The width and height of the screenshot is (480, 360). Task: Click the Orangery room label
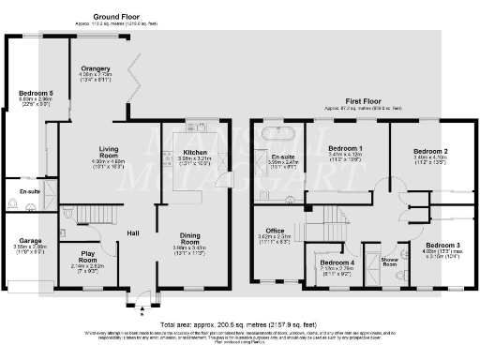[96, 68]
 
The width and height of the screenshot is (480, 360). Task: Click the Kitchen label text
[196, 151]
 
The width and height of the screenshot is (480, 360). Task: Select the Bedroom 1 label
[346, 148]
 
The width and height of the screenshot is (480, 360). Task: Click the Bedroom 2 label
[431, 150]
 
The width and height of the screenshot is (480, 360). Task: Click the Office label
[275, 230]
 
